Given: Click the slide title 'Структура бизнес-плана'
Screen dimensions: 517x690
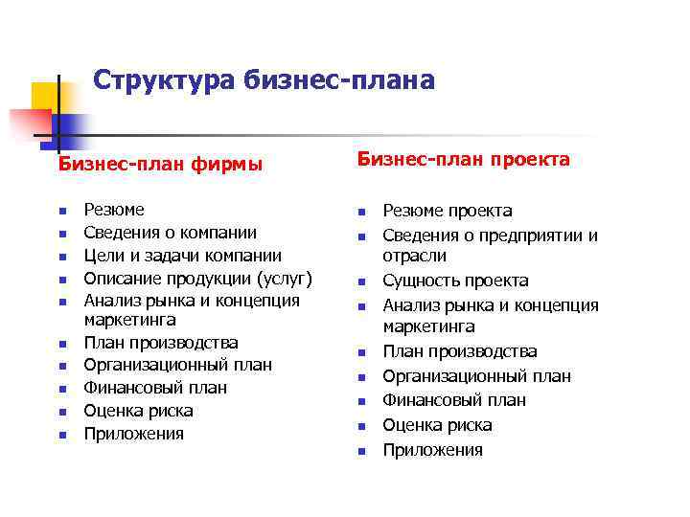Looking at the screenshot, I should coord(264,80).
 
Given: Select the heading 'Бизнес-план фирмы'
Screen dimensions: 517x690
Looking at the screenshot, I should coord(160,164).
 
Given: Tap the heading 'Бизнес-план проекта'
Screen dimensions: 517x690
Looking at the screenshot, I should coord(464,159).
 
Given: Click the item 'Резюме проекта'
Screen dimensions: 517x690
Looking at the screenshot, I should coord(448,211).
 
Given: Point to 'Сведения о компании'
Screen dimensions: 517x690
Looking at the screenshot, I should coord(170,233).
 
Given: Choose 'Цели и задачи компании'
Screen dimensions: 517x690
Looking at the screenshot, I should coord(182,256).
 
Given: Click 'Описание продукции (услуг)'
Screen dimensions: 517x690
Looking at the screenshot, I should coord(198,279).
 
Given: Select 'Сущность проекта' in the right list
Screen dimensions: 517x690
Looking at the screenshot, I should coord(455,281).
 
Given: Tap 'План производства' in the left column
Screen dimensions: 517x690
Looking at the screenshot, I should coord(161,342).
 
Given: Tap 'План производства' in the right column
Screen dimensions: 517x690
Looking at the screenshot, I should coord(460,351).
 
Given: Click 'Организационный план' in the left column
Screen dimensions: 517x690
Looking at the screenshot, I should coord(177,365).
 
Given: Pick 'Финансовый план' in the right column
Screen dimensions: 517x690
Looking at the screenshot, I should coord(454,400).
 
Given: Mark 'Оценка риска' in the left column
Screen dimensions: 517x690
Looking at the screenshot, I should coord(138,411).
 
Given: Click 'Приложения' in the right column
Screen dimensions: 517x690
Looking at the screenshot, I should coord(432,450).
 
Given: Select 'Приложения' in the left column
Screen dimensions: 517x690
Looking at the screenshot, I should coord(133,434).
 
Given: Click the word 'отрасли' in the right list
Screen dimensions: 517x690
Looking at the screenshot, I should coord(415,257).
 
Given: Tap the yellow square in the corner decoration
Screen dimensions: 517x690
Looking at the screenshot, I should coord(43,96).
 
